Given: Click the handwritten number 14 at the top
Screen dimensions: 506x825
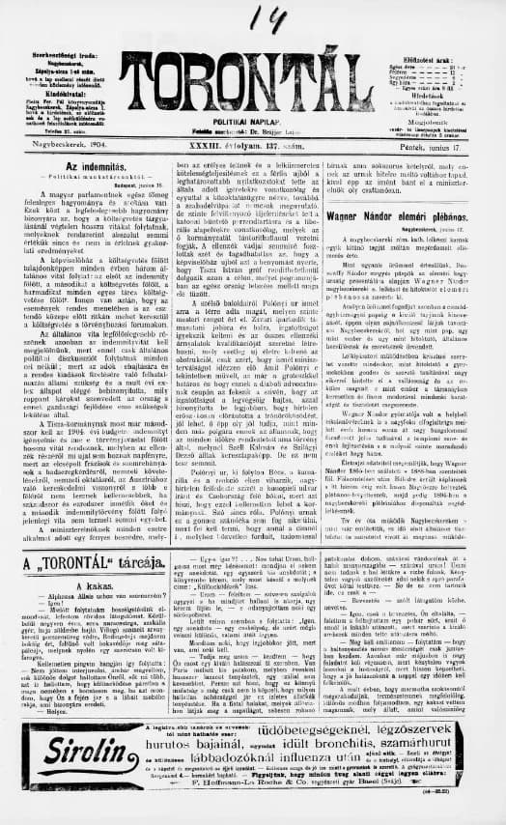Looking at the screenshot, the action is (x=258, y=17).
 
